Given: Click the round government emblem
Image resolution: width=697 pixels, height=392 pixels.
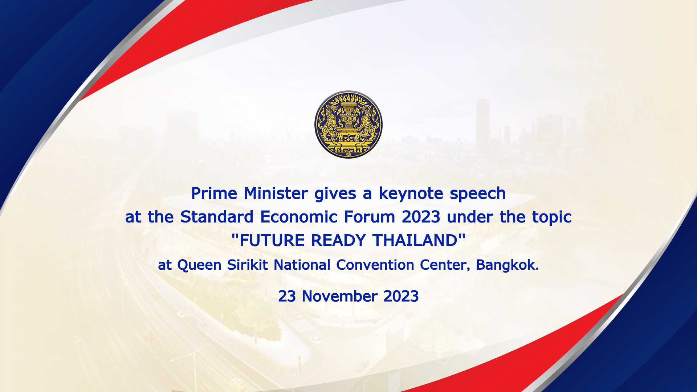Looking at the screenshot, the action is [348, 124].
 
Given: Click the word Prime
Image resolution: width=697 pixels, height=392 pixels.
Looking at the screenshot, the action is [214, 193].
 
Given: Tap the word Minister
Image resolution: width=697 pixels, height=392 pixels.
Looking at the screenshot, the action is [276, 193].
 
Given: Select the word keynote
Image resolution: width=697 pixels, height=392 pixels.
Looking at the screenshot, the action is [411, 194].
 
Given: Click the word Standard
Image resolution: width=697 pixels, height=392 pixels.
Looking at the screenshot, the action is [217, 217].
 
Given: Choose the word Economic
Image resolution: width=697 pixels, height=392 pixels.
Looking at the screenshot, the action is [299, 217].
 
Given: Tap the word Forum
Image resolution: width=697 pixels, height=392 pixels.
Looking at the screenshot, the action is [370, 217].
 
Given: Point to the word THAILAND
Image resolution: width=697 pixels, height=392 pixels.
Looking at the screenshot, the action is [415, 241].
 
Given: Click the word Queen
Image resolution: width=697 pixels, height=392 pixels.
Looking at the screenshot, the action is [199, 265].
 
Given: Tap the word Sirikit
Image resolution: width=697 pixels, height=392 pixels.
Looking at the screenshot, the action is [248, 265].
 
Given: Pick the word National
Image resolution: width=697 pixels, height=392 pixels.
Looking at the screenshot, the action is [302, 265].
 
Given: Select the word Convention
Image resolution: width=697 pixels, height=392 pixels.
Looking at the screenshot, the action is [375, 265].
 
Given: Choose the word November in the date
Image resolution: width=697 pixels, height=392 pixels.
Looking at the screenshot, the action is [340, 297].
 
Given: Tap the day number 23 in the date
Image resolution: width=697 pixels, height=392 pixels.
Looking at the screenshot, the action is [287, 297].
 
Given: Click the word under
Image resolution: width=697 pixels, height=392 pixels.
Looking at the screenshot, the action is [470, 217].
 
